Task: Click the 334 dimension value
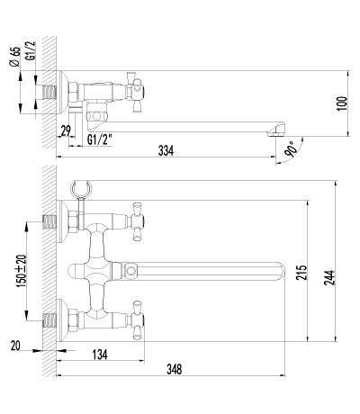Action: tap(166, 150)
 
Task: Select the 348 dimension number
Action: tap(175, 369)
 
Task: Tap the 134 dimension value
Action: tap(100, 355)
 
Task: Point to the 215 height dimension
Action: tap(301, 273)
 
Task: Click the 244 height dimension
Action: tap(329, 277)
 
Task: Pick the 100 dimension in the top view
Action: tap(342, 103)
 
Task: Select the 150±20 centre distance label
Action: tap(22, 271)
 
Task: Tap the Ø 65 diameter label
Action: tap(15, 57)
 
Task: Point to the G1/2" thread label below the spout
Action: tap(100, 139)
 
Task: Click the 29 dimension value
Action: tap(66, 130)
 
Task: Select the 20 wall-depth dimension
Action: tap(15, 346)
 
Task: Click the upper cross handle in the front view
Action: tap(137, 221)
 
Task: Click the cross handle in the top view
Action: tap(135, 92)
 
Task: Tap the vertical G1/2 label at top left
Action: tap(31, 51)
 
